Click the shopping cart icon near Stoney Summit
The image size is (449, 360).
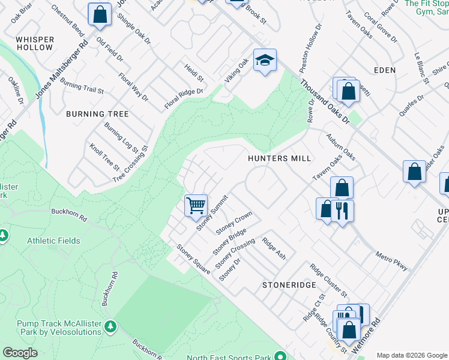pyautogui.click(x=196, y=205)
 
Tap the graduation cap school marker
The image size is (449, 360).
pyautogui.click(x=264, y=60)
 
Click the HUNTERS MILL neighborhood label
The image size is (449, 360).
pyautogui.click(x=280, y=158)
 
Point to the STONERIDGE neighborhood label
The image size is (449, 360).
pyautogui.click(x=289, y=285)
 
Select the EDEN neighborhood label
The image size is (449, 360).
pyautogui.click(x=384, y=70)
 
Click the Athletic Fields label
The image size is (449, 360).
pyautogui.click(x=53, y=241)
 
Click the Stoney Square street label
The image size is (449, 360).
pyautogui.click(x=193, y=259)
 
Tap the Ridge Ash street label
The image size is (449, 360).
pyautogui.click(x=274, y=248)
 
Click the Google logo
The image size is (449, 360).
pyautogui.click(x=20, y=353)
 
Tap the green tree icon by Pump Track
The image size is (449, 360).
pyautogui.click(x=110, y=326)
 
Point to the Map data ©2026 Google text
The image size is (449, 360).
pyautogui.click(x=411, y=355)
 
